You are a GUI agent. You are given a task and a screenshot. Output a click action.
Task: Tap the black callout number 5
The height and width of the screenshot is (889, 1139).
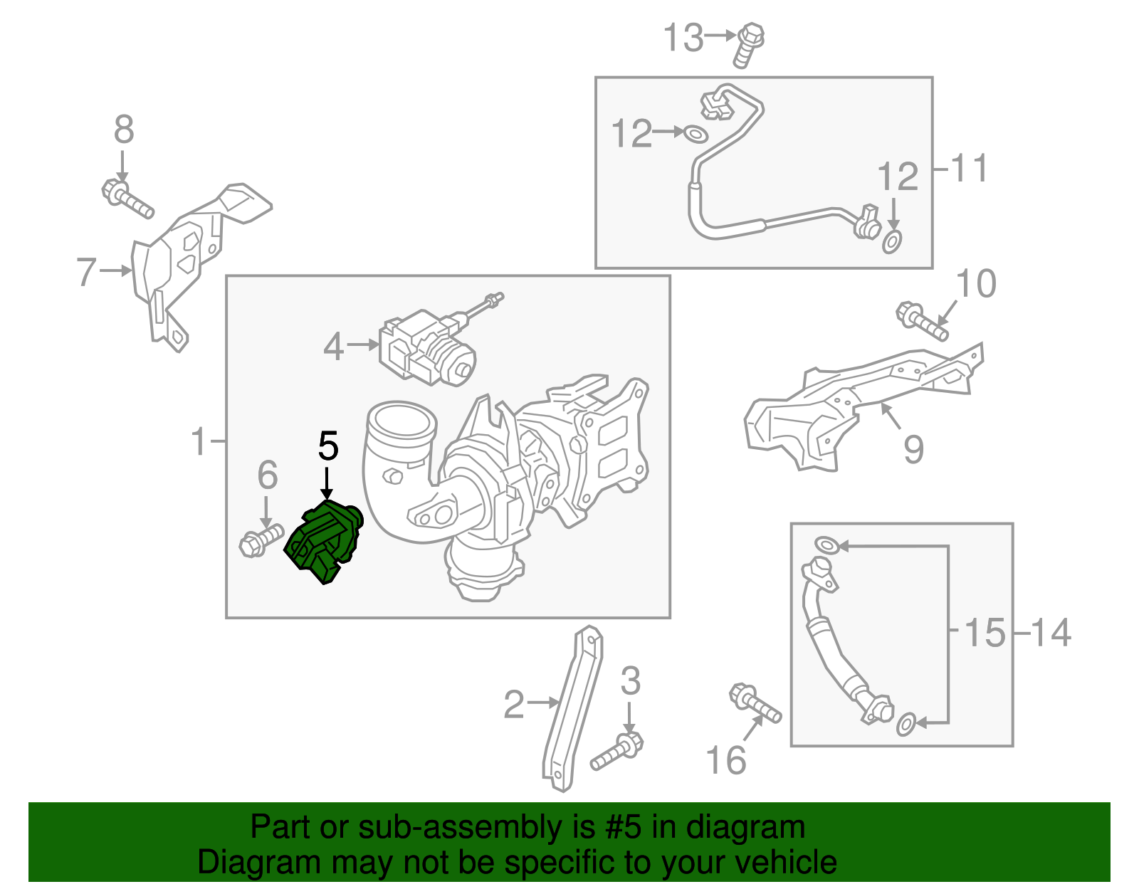(328, 446)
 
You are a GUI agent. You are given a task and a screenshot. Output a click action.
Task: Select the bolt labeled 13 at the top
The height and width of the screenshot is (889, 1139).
(748, 44)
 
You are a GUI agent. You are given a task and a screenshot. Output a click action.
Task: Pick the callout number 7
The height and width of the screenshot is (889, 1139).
(86, 271)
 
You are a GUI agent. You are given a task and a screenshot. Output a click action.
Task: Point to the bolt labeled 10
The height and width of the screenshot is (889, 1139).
(922, 322)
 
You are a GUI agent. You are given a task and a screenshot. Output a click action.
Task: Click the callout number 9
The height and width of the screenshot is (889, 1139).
(913, 449)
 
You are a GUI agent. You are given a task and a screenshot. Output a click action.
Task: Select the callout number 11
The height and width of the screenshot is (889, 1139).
(969, 169)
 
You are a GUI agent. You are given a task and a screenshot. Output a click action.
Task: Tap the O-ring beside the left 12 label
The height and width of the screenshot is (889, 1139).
(695, 133)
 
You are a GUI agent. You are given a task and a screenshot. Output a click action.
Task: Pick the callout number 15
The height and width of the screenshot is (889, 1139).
(985, 632)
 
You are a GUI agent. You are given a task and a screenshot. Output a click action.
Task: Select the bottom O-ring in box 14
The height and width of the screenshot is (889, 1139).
(905, 724)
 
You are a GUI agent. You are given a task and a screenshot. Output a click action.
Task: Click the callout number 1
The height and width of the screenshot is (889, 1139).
(199, 442)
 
